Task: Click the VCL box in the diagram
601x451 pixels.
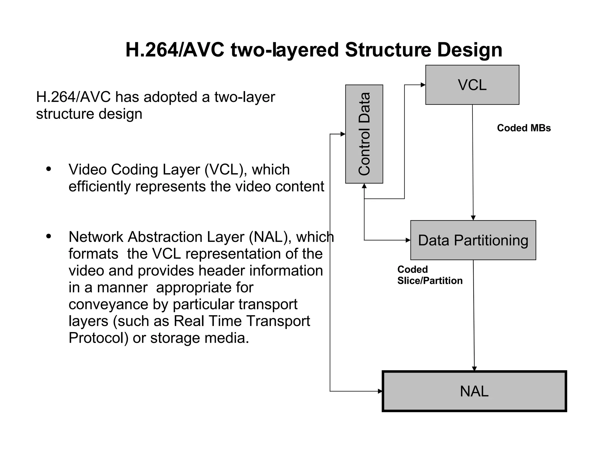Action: [472, 85]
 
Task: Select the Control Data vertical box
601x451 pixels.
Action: [364, 134]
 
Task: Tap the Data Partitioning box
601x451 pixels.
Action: [473, 240]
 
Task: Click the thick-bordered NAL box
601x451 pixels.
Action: [474, 391]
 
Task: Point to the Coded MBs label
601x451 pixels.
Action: [524, 128]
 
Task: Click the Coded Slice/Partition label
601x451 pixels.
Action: [429, 275]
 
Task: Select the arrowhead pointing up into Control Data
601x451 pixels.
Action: [364, 186]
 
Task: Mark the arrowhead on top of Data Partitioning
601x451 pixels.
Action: [473, 218]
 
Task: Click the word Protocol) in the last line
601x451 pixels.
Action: [99, 338]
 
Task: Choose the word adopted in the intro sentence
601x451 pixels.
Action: [170, 97]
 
